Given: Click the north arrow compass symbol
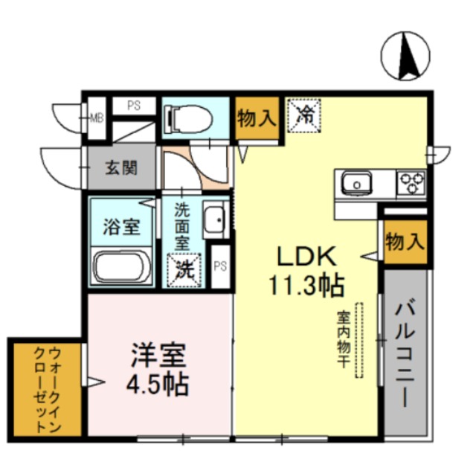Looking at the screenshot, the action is pyautogui.click(x=405, y=57).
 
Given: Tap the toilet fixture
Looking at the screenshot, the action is pyautogui.click(x=187, y=119).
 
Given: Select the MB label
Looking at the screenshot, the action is pyautogui.click(x=97, y=118).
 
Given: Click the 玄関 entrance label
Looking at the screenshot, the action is pyautogui.click(x=121, y=168).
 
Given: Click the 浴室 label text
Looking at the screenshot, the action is pyautogui.click(x=121, y=227).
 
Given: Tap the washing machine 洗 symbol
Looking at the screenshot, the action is pyautogui.click(x=184, y=270).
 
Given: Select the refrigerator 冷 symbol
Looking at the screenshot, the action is pyautogui.click(x=304, y=116).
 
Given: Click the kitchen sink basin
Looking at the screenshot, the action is pyautogui.click(x=357, y=184).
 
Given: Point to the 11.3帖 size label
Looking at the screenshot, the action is pyautogui.click(x=306, y=286).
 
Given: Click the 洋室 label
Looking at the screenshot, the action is pyautogui.click(x=158, y=356).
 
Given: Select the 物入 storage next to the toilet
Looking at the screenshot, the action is pyautogui.click(x=257, y=118).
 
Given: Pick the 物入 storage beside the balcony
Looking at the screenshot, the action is pyautogui.click(x=405, y=242).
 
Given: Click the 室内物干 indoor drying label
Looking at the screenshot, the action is pyautogui.click(x=344, y=339).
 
